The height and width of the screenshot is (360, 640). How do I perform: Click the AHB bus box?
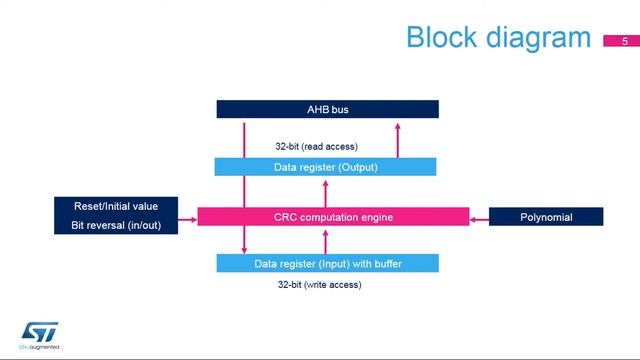(x=327, y=109)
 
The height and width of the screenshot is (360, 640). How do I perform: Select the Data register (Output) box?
(x=325, y=167)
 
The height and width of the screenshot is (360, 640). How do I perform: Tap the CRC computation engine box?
(x=333, y=217)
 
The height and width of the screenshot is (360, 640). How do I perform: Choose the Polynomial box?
(x=546, y=217)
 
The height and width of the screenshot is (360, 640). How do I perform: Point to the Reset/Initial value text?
(x=116, y=206)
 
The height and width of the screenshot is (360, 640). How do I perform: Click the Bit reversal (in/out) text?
(x=116, y=226)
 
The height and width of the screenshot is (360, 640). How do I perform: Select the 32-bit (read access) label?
(x=316, y=146)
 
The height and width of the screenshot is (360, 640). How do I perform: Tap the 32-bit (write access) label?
(x=319, y=285)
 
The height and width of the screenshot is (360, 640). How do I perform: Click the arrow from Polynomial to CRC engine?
(x=478, y=217)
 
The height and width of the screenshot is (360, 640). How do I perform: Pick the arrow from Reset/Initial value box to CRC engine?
(x=188, y=217)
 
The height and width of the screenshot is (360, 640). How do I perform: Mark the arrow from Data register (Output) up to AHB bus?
(x=397, y=139)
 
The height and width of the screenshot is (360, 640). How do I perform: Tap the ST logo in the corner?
(x=40, y=330)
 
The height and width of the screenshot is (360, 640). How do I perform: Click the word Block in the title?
(x=445, y=38)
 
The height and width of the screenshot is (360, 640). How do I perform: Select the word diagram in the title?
(x=540, y=38)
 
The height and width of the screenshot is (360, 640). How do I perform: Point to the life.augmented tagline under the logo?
(x=40, y=347)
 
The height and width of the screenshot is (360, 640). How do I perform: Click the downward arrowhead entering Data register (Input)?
(x=244, y=249)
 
